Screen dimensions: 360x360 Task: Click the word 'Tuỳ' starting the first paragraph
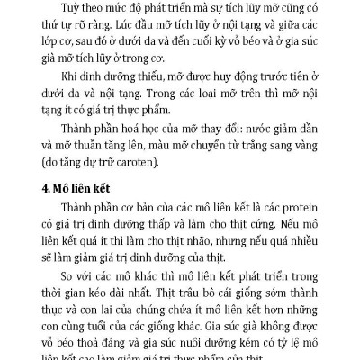(66, 10)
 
